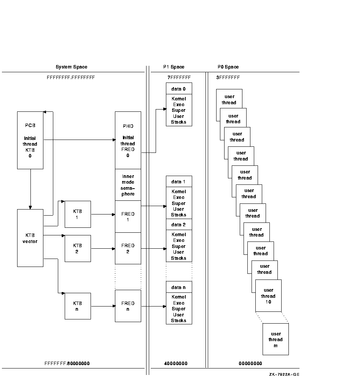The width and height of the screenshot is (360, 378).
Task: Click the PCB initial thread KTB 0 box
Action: pos(30,140)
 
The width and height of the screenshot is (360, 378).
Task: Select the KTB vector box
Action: pos(30,238)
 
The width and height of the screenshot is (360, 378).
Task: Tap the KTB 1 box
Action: pos(78,214)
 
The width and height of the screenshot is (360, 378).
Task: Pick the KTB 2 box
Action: pos(78,248)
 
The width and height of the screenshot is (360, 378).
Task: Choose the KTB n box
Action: pos(78,306)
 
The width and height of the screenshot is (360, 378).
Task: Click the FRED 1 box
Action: pos(128,216)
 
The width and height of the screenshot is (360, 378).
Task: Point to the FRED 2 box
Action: pos(128,248)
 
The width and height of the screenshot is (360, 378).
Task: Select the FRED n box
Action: pos(128,306)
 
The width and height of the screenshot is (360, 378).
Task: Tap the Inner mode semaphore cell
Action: pos(128,185)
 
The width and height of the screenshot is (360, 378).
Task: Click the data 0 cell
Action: pos(179,89)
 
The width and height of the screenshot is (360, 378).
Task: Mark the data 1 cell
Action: pos(179,182)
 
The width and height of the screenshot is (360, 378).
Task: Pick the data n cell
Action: pos(179,287)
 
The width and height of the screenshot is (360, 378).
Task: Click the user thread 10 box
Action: pos(268,296)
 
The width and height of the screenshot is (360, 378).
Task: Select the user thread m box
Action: pos(276,340)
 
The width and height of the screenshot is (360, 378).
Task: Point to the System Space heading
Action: pos(72,67)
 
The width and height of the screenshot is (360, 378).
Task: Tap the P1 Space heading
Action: pos(174,67)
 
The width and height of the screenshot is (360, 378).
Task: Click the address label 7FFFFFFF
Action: pos(179,78)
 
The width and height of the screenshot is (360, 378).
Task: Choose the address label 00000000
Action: pos(250,364)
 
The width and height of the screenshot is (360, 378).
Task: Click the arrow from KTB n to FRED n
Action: pos(103,306)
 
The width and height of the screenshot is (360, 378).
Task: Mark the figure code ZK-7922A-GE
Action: pos(284,375)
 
